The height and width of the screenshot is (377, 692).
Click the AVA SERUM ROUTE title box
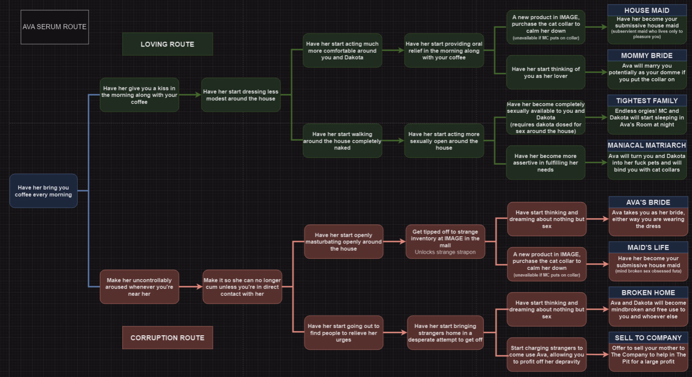tap(55, 27)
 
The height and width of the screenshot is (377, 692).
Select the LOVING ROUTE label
tap(167, 44)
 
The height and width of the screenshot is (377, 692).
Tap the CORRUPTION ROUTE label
tap(167, 338)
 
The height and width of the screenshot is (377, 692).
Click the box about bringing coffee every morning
tap(43, 191)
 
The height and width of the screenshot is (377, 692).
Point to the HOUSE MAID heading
tap(646, 11)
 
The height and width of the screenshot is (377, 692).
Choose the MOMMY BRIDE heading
tap(646, 56)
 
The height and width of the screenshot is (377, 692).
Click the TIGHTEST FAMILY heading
tap(646, 101)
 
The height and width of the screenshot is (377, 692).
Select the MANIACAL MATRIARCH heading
tap(646, 146)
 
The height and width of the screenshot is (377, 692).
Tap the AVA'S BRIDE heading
tap(648, 202)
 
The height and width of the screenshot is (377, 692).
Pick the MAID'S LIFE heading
tap(648, 247)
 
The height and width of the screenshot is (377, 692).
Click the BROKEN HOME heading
tap(648, 292)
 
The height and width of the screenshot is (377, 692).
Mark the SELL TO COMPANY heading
tap(648, 338)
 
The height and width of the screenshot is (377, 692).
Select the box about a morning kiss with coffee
tap(139, 95)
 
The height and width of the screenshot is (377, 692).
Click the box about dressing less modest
tap(241, 95)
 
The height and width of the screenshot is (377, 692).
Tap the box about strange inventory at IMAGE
tap(445, 242)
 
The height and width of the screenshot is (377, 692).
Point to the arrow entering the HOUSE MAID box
tap(596, 27)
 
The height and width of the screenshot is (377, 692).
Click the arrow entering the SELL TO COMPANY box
tap(598, 354)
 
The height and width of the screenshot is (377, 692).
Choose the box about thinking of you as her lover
tap(546, 72)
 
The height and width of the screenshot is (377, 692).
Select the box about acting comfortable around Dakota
tap(342, 50)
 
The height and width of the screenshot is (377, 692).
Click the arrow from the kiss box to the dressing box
tap(190, 95)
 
